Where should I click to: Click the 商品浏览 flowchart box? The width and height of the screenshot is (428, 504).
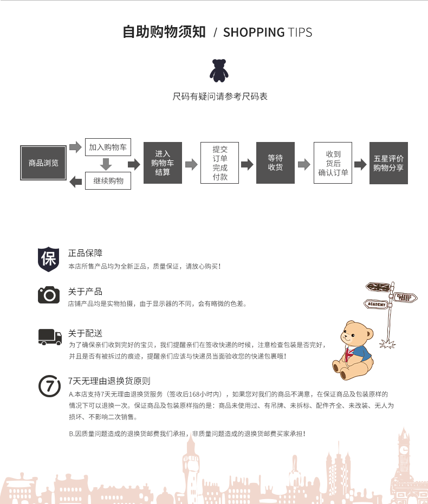coord(43,163)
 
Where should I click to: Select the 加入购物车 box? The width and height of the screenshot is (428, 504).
coord(108,147)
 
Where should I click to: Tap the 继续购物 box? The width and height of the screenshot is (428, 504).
coord(108,180)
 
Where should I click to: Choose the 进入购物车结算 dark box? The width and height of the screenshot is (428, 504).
coord(163,163)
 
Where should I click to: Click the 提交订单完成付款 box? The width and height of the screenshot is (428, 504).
coord(220,163)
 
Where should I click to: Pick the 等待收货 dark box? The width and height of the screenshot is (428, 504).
coord(275,163)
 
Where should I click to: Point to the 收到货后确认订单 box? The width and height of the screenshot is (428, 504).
coord(333,163)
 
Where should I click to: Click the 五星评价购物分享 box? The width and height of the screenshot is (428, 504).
coord(388,163)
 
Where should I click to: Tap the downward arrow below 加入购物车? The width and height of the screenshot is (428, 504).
coord(106,164)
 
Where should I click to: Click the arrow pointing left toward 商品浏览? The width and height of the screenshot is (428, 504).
coord(76,182)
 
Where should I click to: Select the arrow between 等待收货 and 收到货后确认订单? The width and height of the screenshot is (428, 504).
coord(304,164)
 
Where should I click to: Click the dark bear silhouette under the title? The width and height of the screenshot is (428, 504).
coord(219,70)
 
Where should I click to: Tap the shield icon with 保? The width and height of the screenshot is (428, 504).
coord(49,259)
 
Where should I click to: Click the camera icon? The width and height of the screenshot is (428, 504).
coord(49,295)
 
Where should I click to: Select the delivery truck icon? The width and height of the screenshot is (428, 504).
coord(50,337)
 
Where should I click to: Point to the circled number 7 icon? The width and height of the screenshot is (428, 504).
coord(49,386)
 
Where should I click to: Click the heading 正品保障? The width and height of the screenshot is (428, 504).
coord(85,253)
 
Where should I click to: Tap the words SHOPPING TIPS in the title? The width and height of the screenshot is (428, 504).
coord(268,33)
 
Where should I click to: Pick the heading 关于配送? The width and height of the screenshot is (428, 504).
coord(85,333)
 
